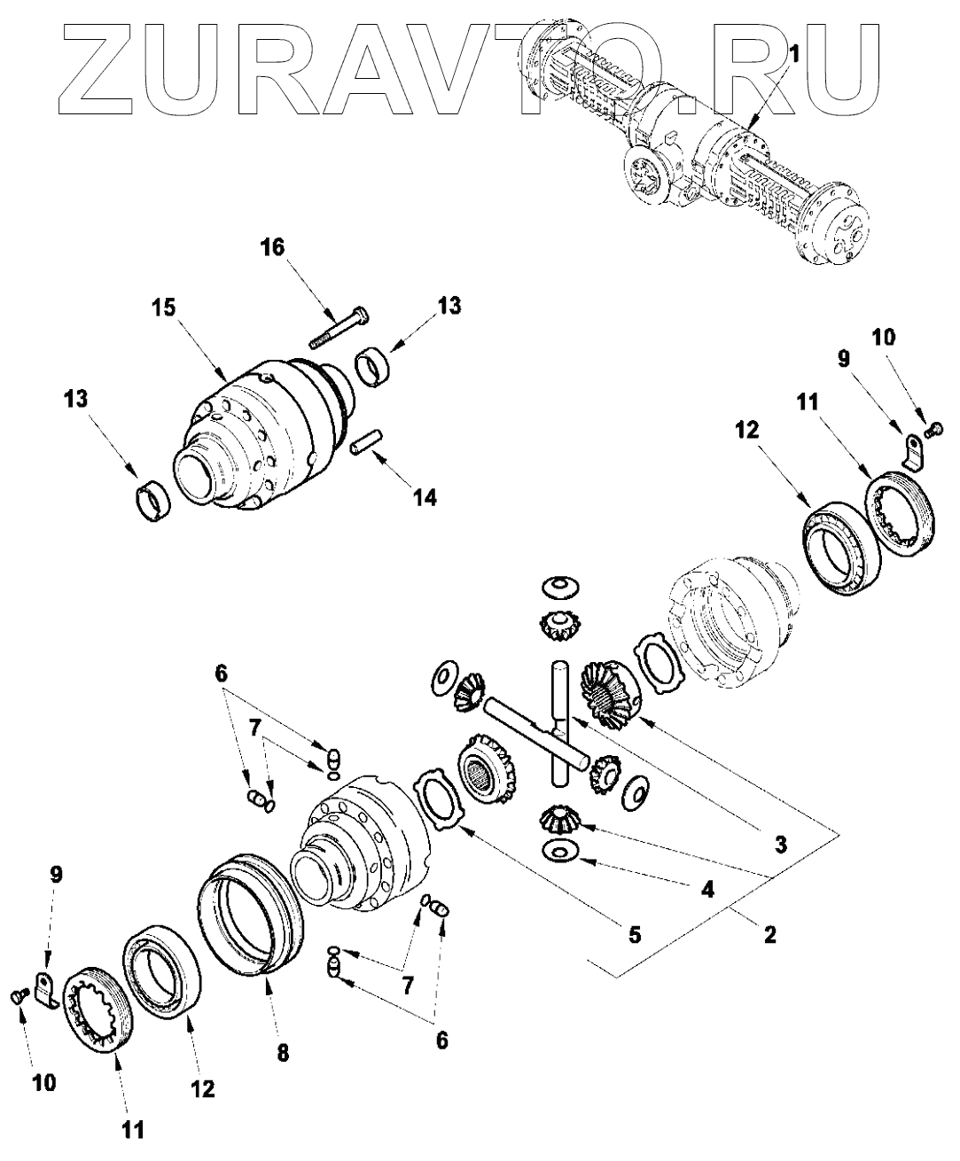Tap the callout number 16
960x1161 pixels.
[272, 247]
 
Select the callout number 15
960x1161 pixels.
[162, 308]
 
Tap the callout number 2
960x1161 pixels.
[769, 933]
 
